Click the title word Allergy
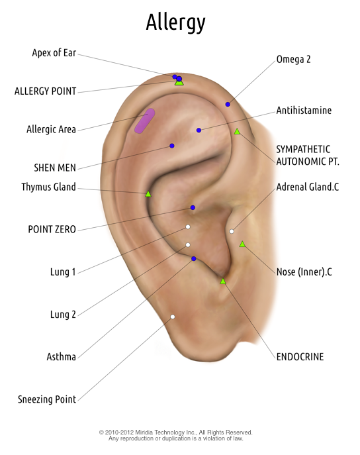(x=175, y=23)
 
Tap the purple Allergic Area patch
(x=144, y=121)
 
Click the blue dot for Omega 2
(x=228, y=104)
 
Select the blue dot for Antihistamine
(x=199, y=130)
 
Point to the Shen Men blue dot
(x=172, y=146)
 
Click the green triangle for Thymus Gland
(x=148, y=194)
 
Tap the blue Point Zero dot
(x=193, y=207)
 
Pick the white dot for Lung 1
(x=188, y=227)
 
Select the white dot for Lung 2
(x=188, y=245)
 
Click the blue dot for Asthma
(x=194, y=258)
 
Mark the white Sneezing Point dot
(x=173, y=317)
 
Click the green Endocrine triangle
(x=222, y=281)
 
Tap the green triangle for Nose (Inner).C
(x=242, y=244)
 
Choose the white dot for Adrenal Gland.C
(x=232, y=231)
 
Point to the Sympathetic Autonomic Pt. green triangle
(x=237, y=131)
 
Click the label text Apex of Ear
(x=54, y=53)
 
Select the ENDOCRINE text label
(x=300, y=356)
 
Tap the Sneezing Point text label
(x=47, y=399)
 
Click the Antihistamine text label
(x=304, y=110)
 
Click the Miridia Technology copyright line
(x=175, y=432)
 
